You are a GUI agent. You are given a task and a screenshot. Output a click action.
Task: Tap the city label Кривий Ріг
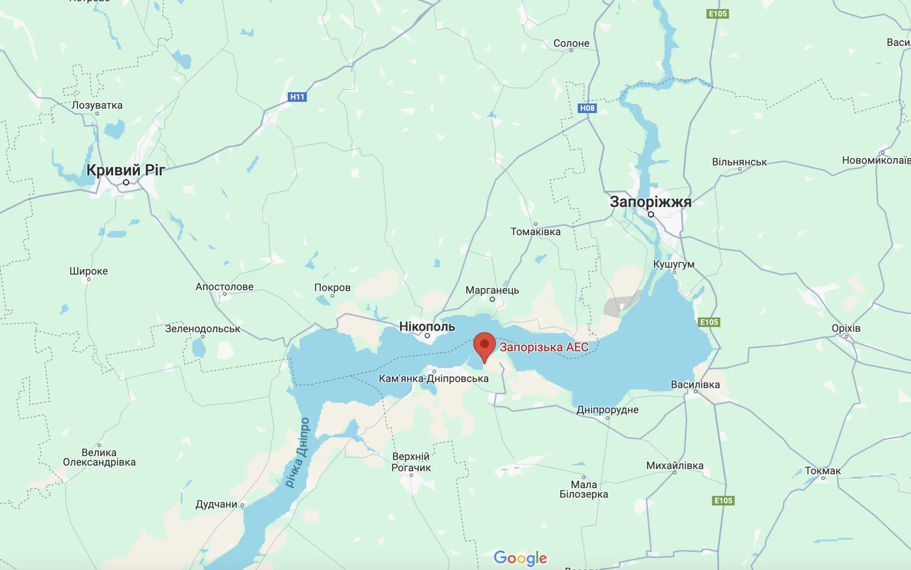click(125, 170)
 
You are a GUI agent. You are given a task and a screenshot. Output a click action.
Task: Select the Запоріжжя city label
click(650, 202)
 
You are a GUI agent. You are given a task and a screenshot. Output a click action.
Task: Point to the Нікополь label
click(427, 326)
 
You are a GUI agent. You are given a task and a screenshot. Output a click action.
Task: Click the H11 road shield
click(297, 97)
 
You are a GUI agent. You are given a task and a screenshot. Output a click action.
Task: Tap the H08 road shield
click(587, 108)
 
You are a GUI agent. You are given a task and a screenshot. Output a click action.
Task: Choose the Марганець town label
click(492, 290)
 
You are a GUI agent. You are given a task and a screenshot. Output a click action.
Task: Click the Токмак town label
click(823, 471)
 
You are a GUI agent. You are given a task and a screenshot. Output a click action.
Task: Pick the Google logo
click(520, 558)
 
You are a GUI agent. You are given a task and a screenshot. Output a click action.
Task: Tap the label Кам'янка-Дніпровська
click(434, 378)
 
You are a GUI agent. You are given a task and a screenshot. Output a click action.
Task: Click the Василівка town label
click(695, 385)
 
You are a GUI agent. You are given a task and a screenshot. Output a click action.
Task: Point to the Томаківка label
click(535, 232)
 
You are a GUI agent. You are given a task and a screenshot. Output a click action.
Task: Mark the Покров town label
click(332, 288)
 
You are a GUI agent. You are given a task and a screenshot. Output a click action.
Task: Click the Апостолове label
click(224, 287)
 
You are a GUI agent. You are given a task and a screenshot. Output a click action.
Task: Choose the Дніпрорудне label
click(607, 410)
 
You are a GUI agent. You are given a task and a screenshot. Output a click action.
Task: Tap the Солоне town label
click(571, 43)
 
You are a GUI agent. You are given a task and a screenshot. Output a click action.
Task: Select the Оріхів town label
click(846, 328)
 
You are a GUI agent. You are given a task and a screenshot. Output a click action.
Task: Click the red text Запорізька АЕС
click(544, 347)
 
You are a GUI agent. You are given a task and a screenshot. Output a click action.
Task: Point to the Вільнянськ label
click(739, 162)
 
